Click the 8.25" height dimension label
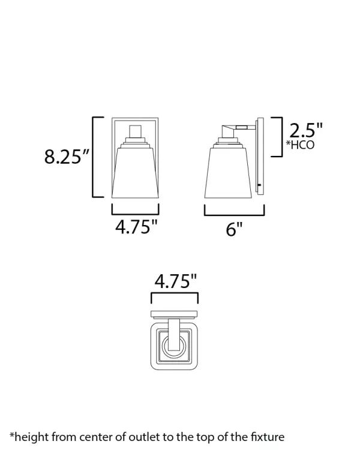(x=67, y=157)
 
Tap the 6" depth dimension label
(x=234, y=229)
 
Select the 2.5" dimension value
(x=306, y=130)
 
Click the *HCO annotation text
(x=300, y=145)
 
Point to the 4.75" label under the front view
(x=137, y=227)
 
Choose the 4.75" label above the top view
(x=176, y=281)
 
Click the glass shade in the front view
(x=135, y=173)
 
